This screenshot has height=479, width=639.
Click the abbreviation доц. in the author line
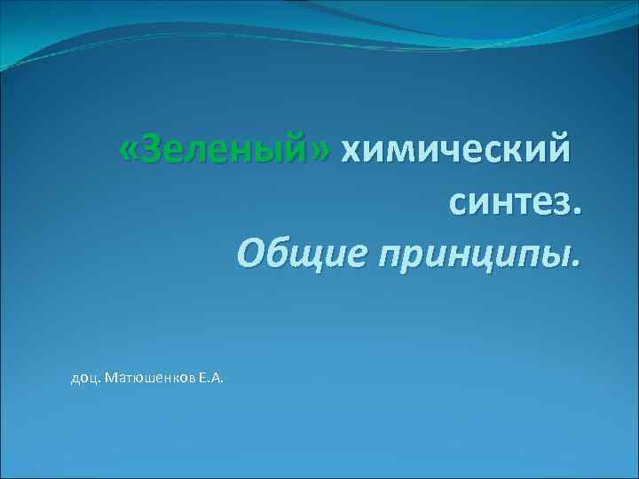[85, 380]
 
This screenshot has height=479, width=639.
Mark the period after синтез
[580, 214]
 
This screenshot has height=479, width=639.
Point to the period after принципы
[580, 265]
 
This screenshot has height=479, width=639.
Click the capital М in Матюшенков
[109, 380]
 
